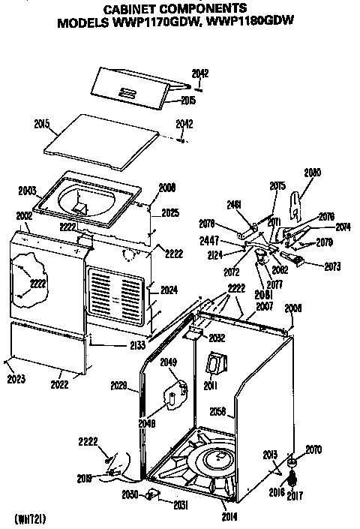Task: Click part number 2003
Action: tap(27, 191)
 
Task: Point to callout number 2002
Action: tap(23, 216)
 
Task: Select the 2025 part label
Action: tap(170, 212)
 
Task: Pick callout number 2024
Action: tap(169, 290)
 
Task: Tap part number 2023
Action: tap(14, 379)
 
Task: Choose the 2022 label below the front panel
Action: tap(59, 385)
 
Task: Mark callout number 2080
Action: tap(312, 173)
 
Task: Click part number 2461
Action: tap(234, 203)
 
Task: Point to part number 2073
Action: tap(332, 266)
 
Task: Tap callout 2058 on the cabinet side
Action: tap(217, 412)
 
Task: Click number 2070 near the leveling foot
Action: tap(313, 449)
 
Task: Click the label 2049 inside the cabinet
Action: tap(169, 363)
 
